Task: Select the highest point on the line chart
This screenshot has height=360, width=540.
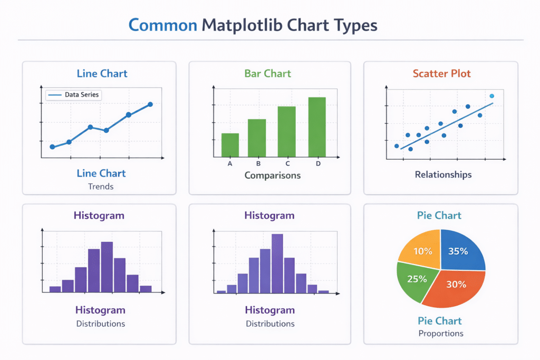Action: [x=150, y=104]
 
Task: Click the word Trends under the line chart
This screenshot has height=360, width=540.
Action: [x=101, y=186]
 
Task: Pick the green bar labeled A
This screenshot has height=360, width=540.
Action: [x=230, y=145]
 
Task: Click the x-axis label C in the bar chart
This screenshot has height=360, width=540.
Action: [x=287, y=163]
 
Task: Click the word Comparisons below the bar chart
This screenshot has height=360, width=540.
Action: [x=272, y=175]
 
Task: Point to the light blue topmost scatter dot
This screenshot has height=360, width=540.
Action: [x=492, y=96]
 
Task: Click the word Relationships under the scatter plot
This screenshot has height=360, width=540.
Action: [x=443, y=174]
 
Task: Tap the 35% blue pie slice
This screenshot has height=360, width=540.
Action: [x=460, y=249]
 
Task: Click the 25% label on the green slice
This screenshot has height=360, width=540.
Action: [x=417, y=279]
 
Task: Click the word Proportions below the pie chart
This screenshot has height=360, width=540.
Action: [x=441, y=333]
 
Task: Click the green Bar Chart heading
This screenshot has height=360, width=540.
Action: [x=268, y=73]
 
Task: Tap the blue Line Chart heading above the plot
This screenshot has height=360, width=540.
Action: [x=102, y=73]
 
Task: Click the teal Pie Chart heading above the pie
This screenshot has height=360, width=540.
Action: [x=439, y=215]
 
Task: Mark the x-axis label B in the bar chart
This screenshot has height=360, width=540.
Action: [x=258, y=163]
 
